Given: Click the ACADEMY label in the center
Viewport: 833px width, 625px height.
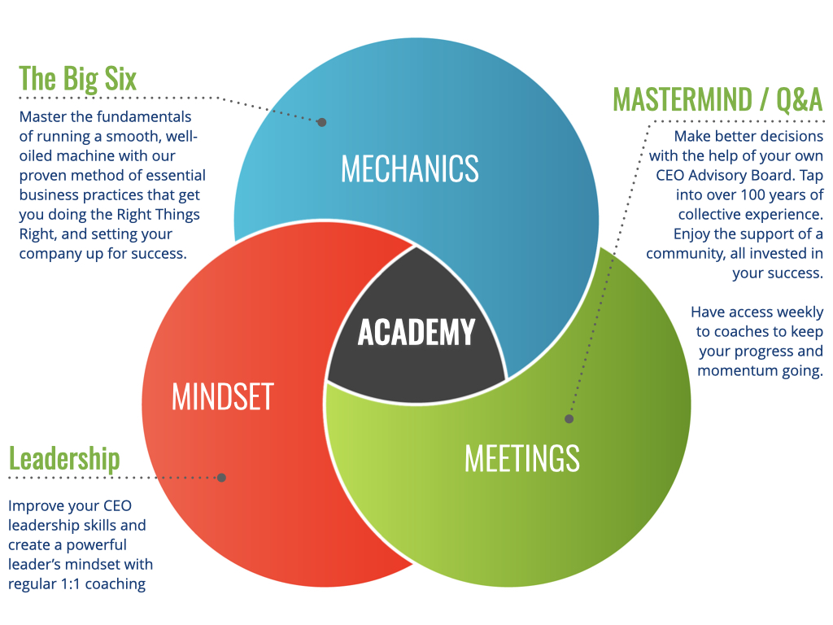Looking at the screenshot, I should [416, 332].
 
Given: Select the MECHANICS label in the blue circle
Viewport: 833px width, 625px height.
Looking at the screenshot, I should [409, 168].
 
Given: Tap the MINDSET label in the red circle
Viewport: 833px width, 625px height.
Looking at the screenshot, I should [222, 397].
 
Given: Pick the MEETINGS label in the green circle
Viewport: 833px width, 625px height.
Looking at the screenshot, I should [521, 458].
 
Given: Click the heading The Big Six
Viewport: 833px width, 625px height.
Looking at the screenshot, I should [77, 79].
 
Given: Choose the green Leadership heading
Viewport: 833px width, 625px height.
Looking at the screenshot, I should [64, 458].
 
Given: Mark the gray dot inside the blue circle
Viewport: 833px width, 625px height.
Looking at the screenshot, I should [321, 122].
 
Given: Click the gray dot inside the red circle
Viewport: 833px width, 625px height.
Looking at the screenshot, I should [221, 478].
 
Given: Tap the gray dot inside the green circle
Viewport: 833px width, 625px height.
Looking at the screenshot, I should [569, 418].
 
